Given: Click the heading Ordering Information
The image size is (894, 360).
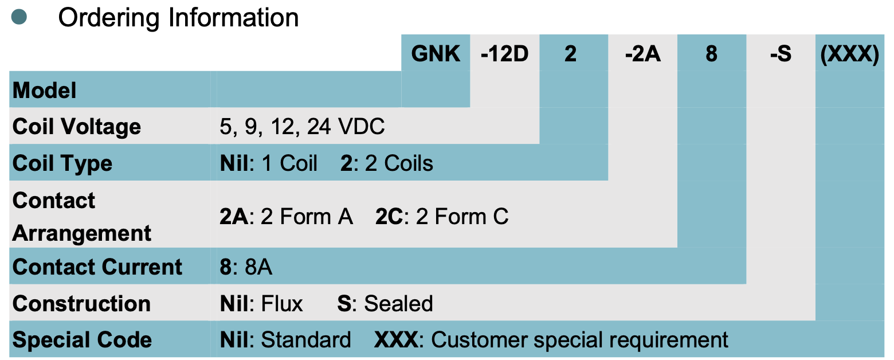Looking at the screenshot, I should pyautogui.click(x=178, y=18).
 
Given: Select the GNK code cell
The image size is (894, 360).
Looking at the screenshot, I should pyautogui.click(x=436, y=54).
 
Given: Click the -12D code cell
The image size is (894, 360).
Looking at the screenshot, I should pyautogui.click(x=504, y=54).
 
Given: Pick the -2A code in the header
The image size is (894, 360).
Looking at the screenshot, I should pyautogui.click(x=642, y=54).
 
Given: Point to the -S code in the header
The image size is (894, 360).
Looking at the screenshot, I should pyautogui.click(x=781, y=54).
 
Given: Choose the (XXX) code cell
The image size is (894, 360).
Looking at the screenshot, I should pyautogui.click(x=850, y=54).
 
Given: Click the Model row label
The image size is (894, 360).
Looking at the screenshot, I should pyautogui.click(x=45, y=90).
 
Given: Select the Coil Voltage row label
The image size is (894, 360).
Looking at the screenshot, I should pyautogui.click(x=77, y=127).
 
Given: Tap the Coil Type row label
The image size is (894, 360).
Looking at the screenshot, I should pyautogui.click(x=62, y=163).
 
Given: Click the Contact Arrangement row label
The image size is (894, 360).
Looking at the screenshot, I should pyautogui.click(x=81, y=217).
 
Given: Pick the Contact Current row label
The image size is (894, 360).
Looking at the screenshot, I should pyautogui.click(x=97, y=267).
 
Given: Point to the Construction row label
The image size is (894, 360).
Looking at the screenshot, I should pyautogui.click(x=81, y=304).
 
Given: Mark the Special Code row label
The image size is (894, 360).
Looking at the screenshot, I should pyautogui.click(x=82, y=341).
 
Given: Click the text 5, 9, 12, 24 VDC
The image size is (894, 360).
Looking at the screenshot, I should pyautogui.click(x=302, y=127).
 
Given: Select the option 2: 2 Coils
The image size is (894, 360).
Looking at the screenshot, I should pyautogui.click(x=387, y=163).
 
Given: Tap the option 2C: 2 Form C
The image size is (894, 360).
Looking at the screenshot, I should pyautogui.click(x=442, y=217).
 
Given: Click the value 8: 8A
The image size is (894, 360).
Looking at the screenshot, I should pyautogui.click(x=246, y=267).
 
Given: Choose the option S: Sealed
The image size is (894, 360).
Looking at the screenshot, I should pyautogui.click(x=385, y=304).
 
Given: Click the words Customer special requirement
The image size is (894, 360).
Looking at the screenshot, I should pyautogui.click(x=579, y=341).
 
